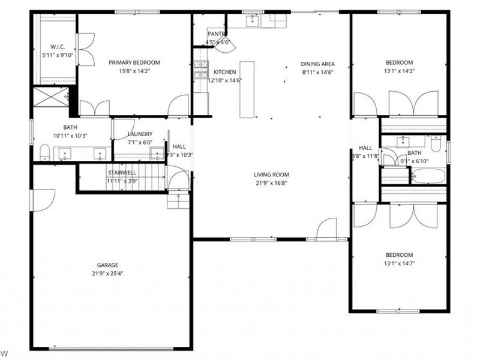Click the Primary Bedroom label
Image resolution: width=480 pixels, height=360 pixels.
click(x=134, y=62)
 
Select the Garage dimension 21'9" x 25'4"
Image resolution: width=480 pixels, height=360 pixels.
click(x=108, y=274)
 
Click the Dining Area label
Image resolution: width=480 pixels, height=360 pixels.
click(x=317, y=64)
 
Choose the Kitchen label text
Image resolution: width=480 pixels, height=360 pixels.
click(x=225, y=72)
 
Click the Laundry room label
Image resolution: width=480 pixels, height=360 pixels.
click(x=140, y=134)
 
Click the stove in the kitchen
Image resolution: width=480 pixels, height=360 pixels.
click(x=200, y=71)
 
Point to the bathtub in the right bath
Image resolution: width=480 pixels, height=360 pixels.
click(x=428, y=176)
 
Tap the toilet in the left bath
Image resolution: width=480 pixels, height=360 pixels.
click(x=44, y=152)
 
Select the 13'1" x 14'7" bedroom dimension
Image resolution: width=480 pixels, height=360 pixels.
click(x=399, y=263)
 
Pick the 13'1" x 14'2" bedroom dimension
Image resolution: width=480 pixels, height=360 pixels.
click(x=399, y=71)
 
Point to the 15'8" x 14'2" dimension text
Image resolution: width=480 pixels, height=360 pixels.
click(x=134, y=71)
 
